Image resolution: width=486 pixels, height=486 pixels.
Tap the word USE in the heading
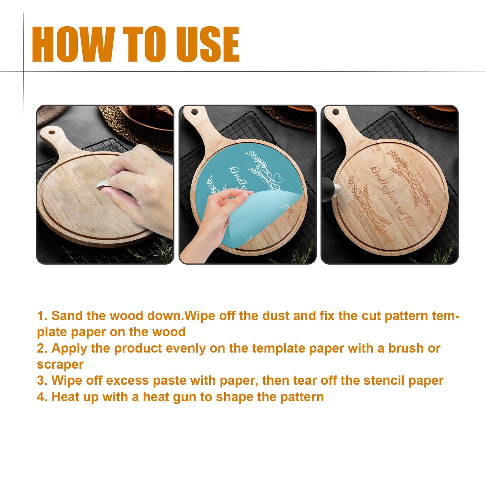coord(208,44)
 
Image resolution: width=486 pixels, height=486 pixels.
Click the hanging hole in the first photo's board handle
coord(51,132)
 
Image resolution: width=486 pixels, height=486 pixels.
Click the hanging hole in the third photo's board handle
coord(336,112)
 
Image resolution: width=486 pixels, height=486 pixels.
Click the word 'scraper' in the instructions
coord(60,365)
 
